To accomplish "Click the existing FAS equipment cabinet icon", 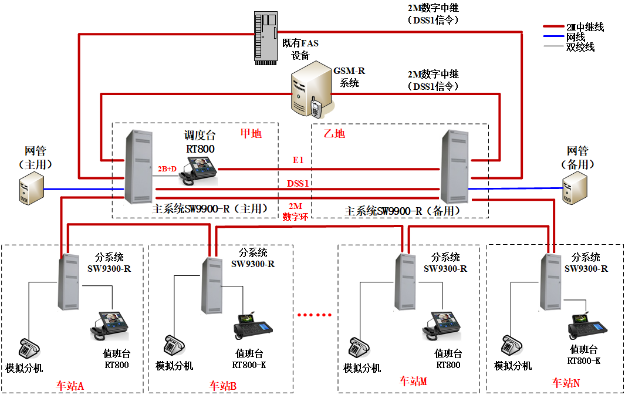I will click(265, 36).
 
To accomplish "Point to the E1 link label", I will click(298, 160).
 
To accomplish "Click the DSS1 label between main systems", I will click(298, 183).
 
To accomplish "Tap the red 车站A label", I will click(70, 386).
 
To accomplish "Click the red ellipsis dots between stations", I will click(315, 315).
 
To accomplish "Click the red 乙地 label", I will click(335, 133).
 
